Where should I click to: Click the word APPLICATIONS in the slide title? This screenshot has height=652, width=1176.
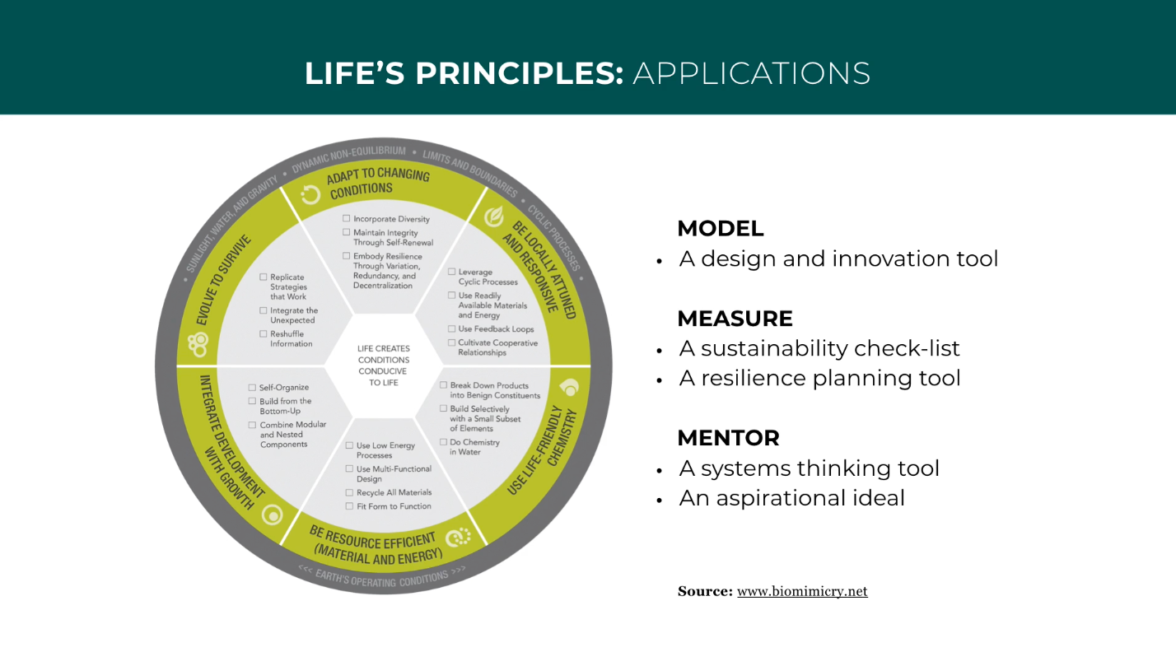pos(751,73)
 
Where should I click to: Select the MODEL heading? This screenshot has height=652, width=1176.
pos(720,229)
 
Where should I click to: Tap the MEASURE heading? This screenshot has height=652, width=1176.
pos(735,319)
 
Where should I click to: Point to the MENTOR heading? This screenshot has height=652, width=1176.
pos(728,438)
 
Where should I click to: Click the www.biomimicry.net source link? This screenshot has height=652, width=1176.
pos(802,591)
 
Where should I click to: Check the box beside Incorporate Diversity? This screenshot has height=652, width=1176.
pos(347,219)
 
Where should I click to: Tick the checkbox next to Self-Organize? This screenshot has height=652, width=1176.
pos(252,388)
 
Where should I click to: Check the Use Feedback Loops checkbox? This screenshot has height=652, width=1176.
pos(451,329)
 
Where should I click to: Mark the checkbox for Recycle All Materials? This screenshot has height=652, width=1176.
pos(349,492)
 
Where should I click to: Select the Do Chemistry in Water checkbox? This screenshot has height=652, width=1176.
pos(443,442)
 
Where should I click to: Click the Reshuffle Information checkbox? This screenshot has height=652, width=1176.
pos(263,334)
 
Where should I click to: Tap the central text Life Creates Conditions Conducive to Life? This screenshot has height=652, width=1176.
pos(384,366)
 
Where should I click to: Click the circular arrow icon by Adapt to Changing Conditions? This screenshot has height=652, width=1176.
pos(310,195)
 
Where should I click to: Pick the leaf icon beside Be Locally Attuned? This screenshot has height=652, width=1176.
pos(493,217)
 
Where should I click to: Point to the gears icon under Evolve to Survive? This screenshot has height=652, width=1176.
pos(198,341)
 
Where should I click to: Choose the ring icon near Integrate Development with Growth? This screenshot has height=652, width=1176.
pos(272,515)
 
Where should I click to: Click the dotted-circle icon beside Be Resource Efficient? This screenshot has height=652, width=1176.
pos(458,538)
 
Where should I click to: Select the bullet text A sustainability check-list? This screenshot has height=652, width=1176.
pos(819,348)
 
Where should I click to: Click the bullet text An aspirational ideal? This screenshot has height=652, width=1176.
pos(791,498)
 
